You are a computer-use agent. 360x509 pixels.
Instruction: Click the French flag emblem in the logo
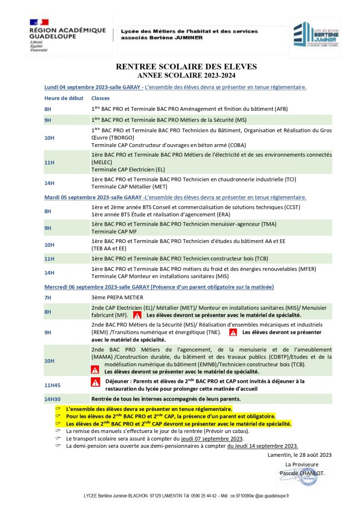pyautogui.click(x=39, y=22)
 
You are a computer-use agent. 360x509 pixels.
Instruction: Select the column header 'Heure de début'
pyautogui.click(x=62, y=98)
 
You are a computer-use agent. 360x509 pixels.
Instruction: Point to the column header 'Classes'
pyautogui.click(x=100, y=98)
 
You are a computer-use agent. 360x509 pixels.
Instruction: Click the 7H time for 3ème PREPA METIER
pyautogui.click(x=48, y=297)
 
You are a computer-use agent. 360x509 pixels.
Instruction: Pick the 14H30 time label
pyautogui.click(x=53, y=399)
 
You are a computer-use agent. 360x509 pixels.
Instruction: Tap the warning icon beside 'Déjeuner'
pyautogui.click(x=95, y=382)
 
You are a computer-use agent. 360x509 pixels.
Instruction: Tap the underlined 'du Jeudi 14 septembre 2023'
pyautogui.click(x=263, y=446)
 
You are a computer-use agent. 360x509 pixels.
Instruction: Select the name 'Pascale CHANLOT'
pyautogui.click(x=302, y=473)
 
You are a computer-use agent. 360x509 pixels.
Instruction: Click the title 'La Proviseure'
pyautogui.click(x=302, y=464)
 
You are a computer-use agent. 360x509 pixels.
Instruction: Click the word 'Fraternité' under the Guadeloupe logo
pyautogui.click(x=39, y=50)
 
